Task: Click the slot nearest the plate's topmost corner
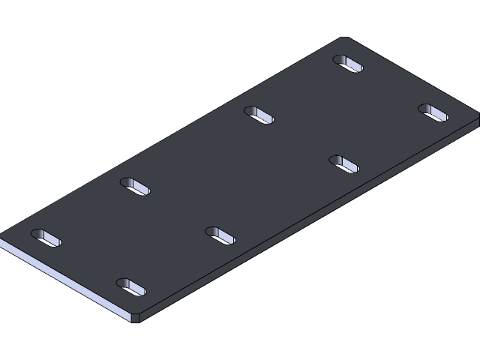click(x=348, y=64)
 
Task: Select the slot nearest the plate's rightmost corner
click(x=433, y=112)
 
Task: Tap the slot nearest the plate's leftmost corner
click(x=45, y=237)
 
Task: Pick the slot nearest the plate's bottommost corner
click(x=131, y=287)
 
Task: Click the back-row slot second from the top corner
click(x=259, y=115)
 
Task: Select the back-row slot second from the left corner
click(x=136, y=185)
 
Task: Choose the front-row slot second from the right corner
click(x=344, y=163)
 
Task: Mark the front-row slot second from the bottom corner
click(x=220, y=235)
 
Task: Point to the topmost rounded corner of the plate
click(x=344, y=39)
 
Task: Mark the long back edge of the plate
click(x=172, y=136)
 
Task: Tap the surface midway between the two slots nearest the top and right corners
click(x=391, y=88)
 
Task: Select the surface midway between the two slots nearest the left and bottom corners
click(x=88, y=262)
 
